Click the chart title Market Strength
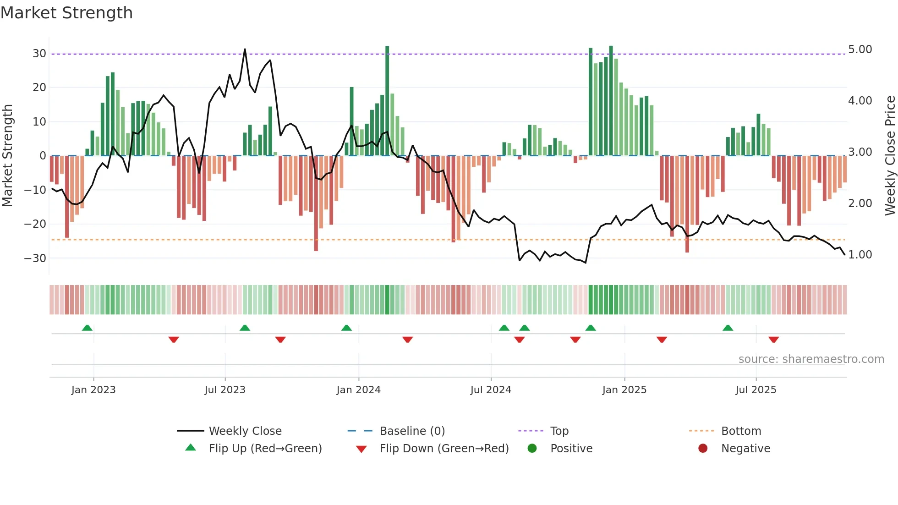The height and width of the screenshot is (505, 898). (x=66, y=13)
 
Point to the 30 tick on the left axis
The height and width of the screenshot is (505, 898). (x=39, y=53)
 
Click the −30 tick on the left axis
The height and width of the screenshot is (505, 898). (x=35, y=258)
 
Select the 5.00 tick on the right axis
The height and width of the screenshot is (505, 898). (x=860, y=49)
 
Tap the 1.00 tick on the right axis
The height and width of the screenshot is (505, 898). (x=860, y=255)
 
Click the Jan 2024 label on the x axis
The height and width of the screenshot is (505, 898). (x=358, y=390)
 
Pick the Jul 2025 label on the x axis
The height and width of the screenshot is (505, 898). (x=756, y=390)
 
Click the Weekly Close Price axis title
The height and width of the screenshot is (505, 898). (x=890, y=156)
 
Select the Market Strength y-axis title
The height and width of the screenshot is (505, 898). (x=7, y=156)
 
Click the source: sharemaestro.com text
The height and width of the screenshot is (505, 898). (x=811, y=359)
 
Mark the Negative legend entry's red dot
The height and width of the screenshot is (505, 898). (x=703, y=449)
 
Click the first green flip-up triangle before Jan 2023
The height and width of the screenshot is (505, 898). (x=87, y=328)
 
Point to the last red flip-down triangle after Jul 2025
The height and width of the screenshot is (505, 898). (x=773, y=340)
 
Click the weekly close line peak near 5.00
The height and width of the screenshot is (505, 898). (x=245, y=49)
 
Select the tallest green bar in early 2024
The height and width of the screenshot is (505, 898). (x=387, y=101)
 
